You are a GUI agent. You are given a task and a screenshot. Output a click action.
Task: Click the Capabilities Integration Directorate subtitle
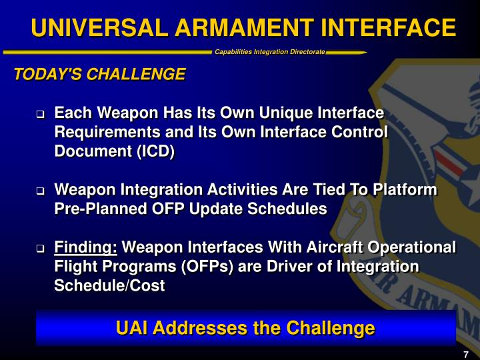click(270, 52)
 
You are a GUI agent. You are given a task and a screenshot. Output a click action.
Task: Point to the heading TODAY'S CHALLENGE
click(100, 74)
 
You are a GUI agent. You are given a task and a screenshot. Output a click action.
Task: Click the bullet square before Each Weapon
click(40, 115)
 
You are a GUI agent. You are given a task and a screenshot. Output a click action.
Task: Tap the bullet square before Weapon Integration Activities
click(40, 192)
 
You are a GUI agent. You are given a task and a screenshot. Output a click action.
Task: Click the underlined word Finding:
click(86, 248)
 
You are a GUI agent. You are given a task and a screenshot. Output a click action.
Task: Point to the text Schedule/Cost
click(109, 285)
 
